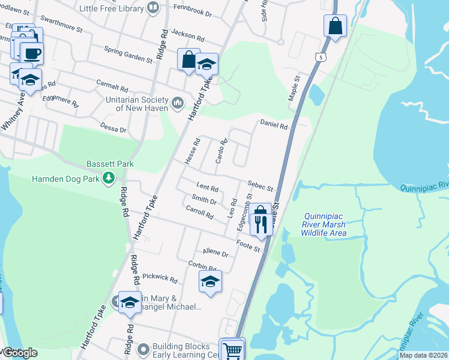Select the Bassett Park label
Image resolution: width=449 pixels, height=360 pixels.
[x=110, y=164]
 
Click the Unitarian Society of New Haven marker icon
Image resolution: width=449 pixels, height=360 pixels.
[x=177, y=103]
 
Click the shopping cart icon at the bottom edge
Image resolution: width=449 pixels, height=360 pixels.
[x=232, y=350]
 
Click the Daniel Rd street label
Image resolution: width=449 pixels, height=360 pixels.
[x=274, y=125]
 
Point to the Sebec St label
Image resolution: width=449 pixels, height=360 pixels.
[x=261, y=188]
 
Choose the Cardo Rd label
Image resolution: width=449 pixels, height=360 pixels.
[x=221, y=152]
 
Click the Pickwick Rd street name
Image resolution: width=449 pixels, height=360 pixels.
[x=160, y=279]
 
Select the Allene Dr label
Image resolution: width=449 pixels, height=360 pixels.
[x=216, y=253]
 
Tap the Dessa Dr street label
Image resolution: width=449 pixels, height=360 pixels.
[x=114, y=129]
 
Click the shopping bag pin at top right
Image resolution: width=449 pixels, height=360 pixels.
[x=335, y=26]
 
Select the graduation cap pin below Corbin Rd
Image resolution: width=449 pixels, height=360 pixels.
[x=210, y=281]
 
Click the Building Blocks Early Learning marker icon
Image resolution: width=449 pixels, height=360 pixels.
[x=143, y=349]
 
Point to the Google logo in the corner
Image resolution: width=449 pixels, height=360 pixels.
[x=20, y=353]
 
